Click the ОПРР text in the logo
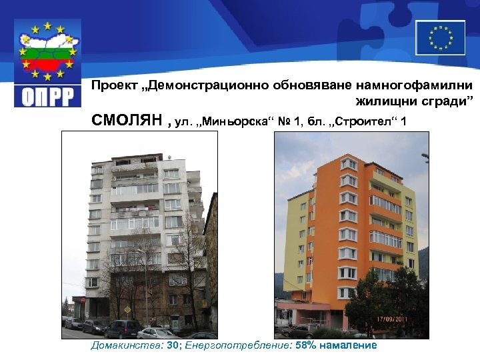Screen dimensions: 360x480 click(x=48, y=95)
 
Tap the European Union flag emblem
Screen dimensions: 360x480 click(x=440, y=37)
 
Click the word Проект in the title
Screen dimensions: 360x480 click(x=112, y=85)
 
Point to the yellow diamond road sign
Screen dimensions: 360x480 click(x=127, y=311)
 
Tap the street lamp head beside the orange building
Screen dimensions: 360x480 click(x=425, y=158)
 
